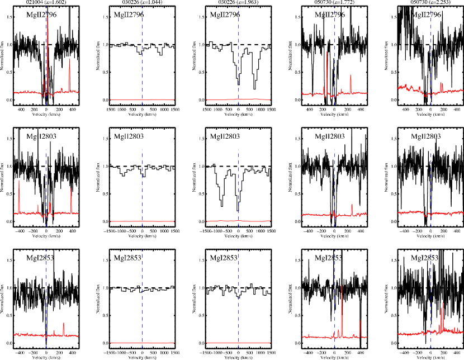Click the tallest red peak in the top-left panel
pyautogui.click(x=48, y=20)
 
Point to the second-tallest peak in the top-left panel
pyautogui.click(x=69, y=59)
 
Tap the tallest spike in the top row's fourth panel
pyautogui.click(x=326, y=53)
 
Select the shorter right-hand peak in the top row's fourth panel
pyautogui.click(x=351, y=76)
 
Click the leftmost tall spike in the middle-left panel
pyautogui.click(x=19, y=181)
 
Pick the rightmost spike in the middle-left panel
pyautogui.click(x=71, y=190)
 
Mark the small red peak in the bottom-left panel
pyautogui.click(x=63, y=324)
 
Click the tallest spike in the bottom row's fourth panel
pyautogui.click(x=342, y=287)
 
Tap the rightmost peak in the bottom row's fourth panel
pyautogui.click(x=360, y=321)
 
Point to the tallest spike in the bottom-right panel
pyautogui.click(x=443, y=304)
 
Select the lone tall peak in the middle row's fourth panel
pyautogui.click(x=352, y=205)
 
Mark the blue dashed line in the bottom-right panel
pyautogui.click(x=430, y=280)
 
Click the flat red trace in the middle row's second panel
pyautogui.click(x=129, y=221)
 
